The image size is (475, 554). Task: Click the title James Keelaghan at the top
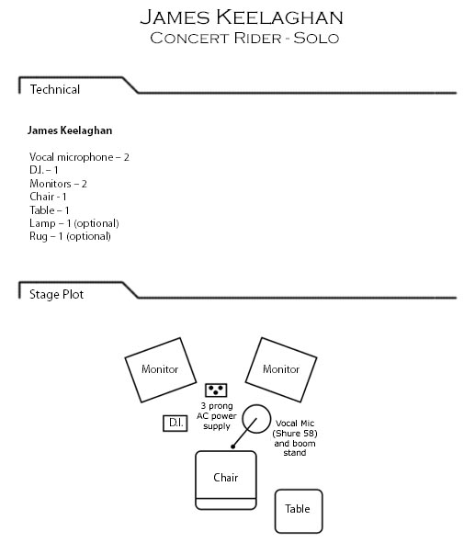click(242, 17)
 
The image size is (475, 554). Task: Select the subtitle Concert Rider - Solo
click(244, 38)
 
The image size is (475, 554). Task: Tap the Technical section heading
click(55, 89)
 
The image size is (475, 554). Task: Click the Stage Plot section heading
click(57, 294)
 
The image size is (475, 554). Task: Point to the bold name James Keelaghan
click(70, 130)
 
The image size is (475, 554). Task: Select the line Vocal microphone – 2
click(79, 157)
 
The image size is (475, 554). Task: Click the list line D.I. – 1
click(44, 170)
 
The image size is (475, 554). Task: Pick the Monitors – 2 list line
click(58, 184)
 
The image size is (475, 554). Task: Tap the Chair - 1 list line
click(48, 197)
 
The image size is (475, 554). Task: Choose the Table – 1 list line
click(50, 210)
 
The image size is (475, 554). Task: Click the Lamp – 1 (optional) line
click(74, 223)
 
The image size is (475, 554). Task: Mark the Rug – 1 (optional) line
click(70, 236)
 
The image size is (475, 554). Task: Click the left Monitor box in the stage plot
click(161, 370)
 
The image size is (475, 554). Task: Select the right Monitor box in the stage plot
click(281, 370)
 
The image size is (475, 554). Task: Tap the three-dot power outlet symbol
click(216, 390)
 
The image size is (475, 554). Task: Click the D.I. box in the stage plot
click(175, 423)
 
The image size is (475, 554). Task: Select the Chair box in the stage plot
click(226, 481)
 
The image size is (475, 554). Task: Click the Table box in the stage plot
click(299, 511)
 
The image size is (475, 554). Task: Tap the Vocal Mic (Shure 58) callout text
click(295, 428)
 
